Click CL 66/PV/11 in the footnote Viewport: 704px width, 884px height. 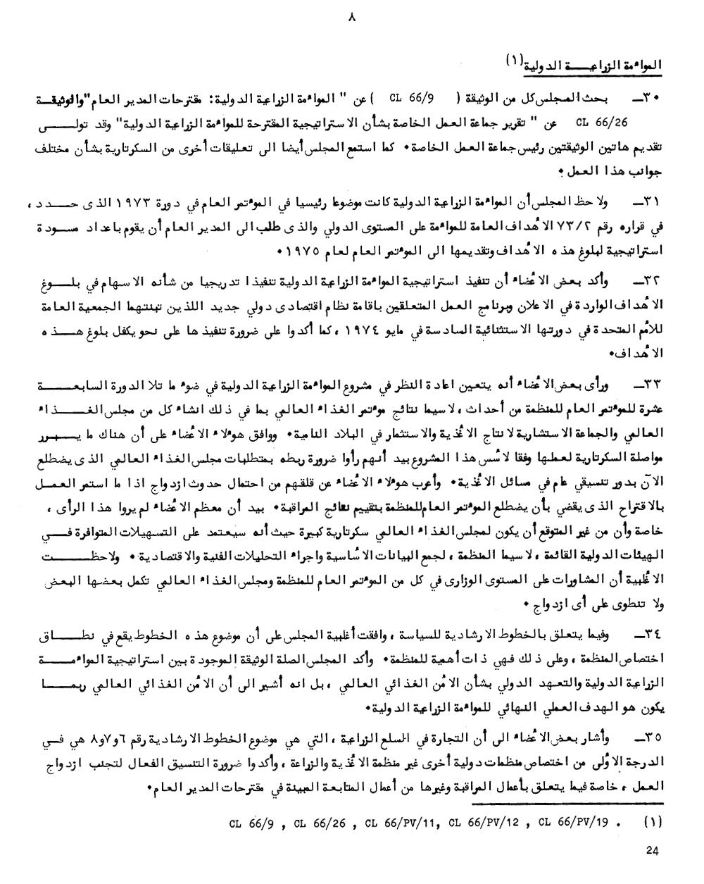pos(403,822)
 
